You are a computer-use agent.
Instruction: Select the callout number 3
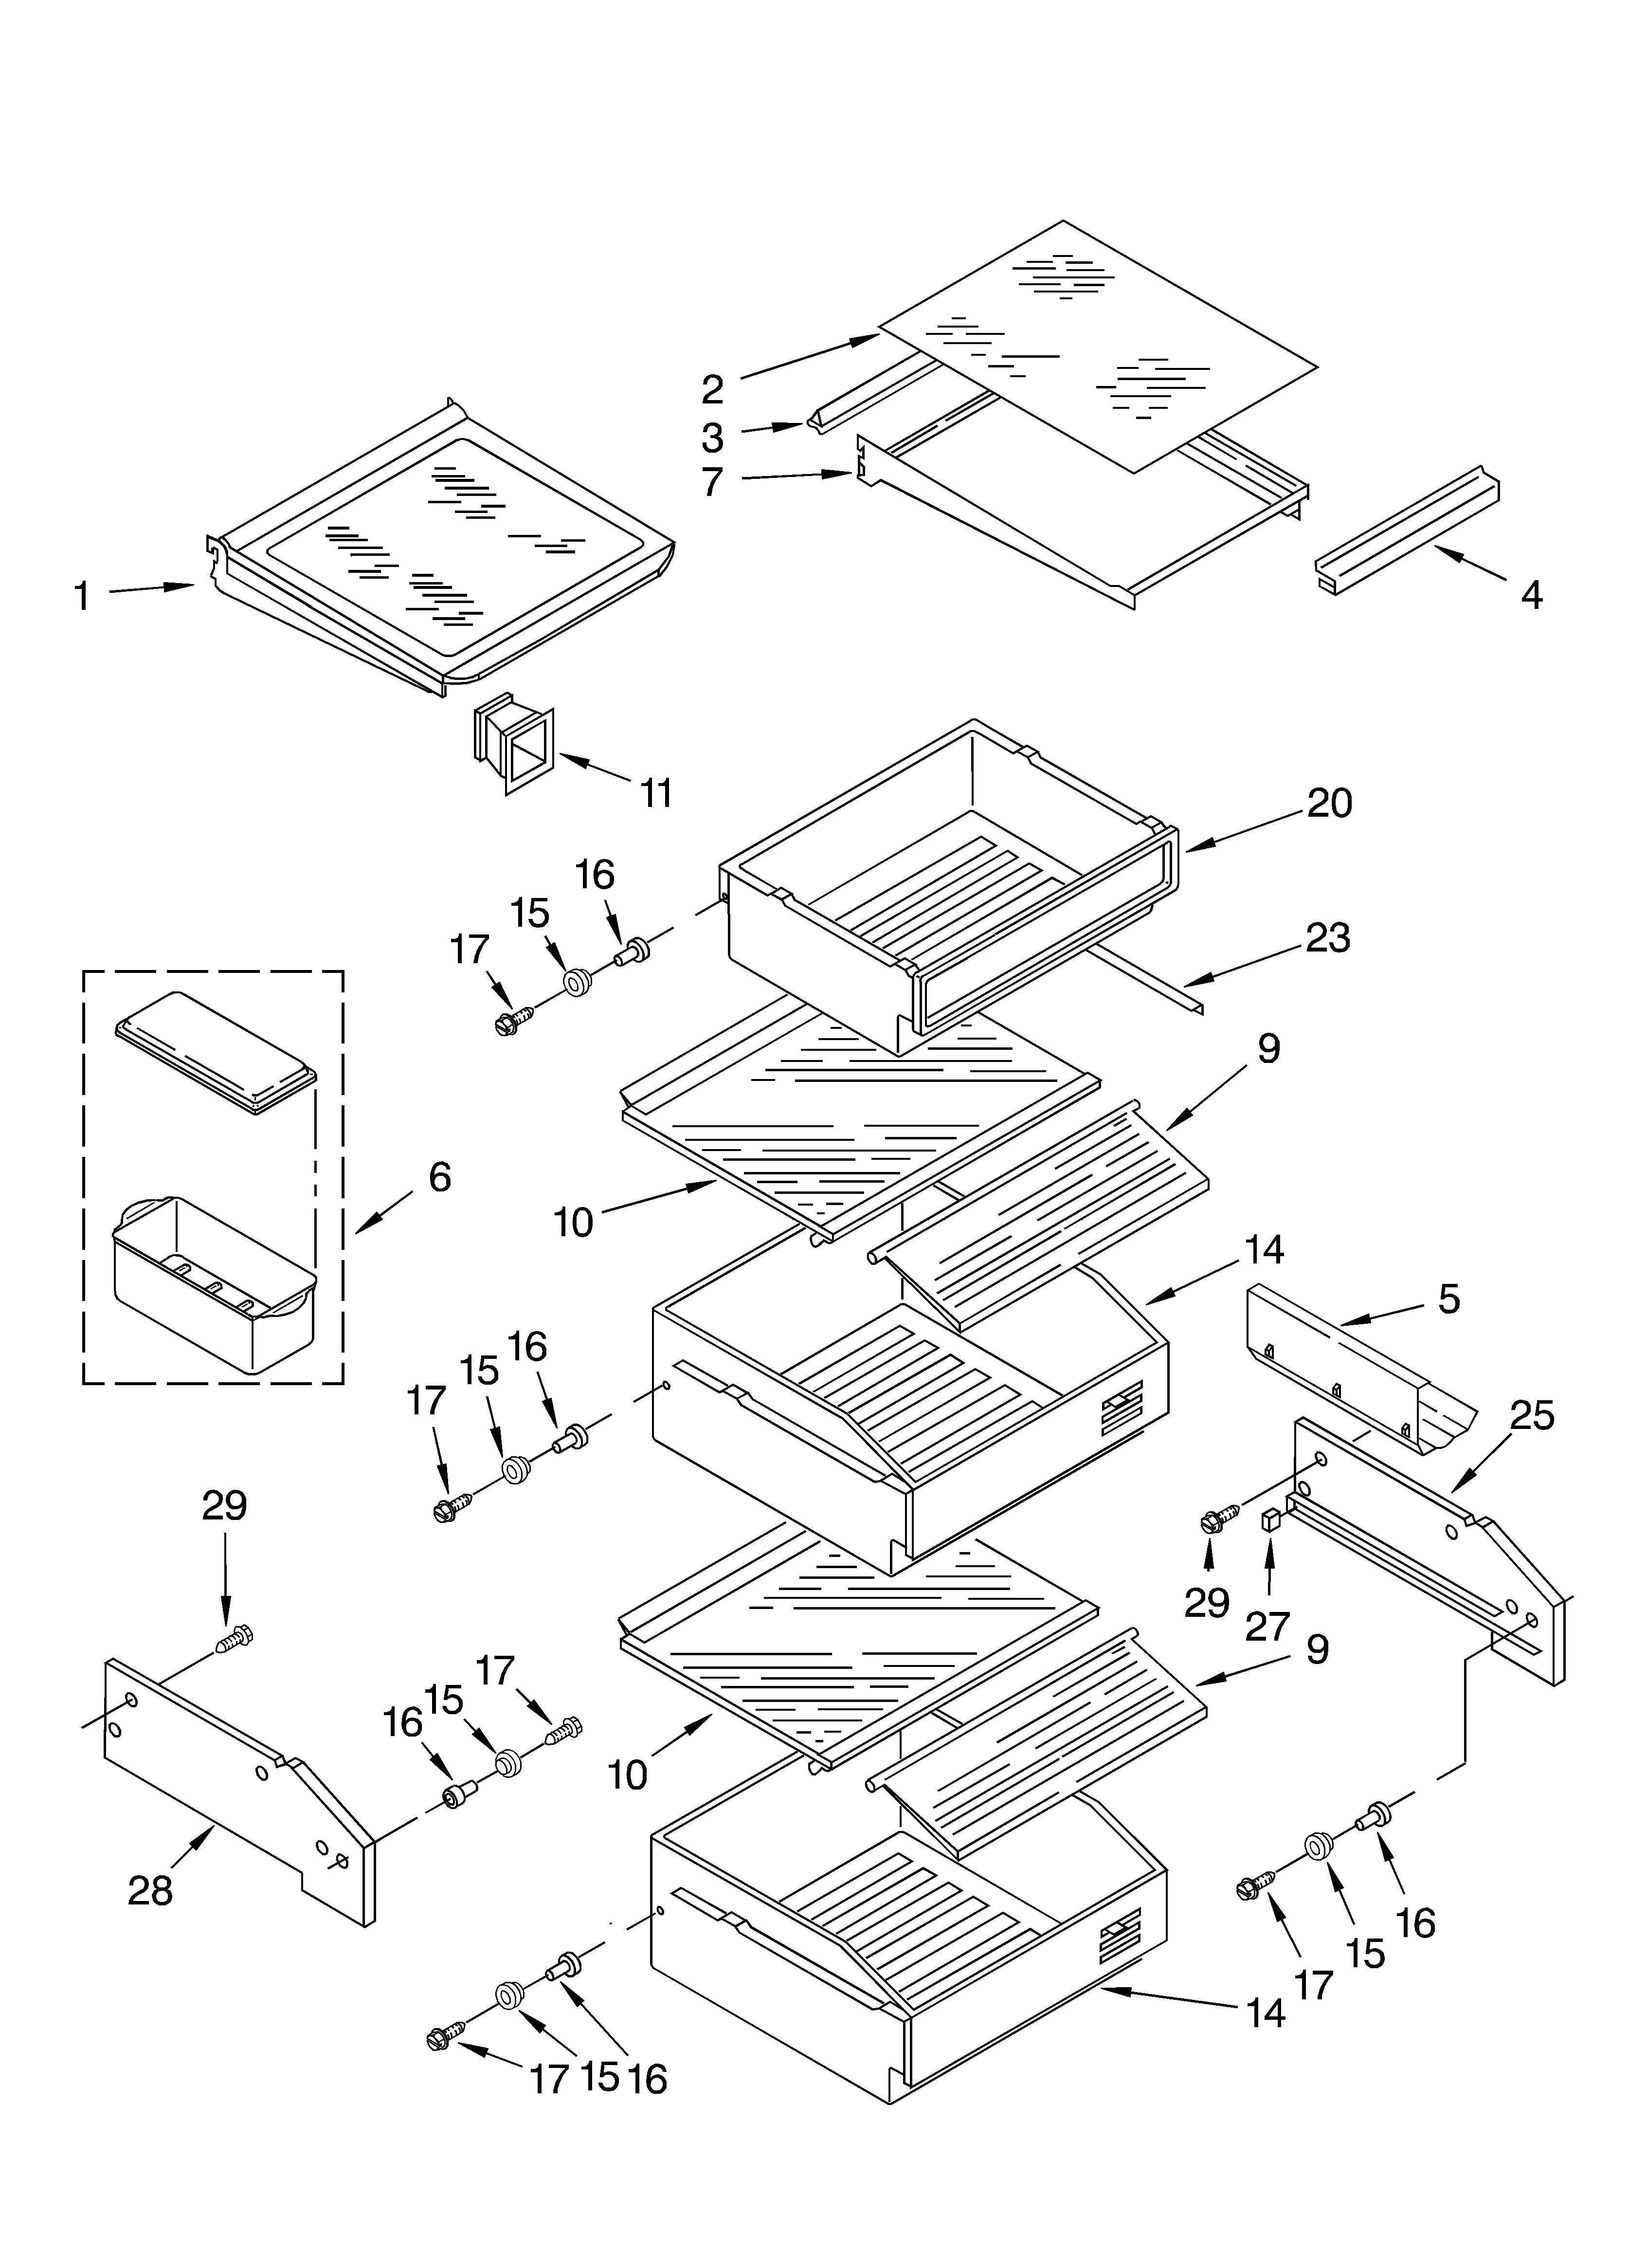click(712, 438)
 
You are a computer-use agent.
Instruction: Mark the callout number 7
click(712, 482)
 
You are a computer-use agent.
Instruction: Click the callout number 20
click(1329, 803)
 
